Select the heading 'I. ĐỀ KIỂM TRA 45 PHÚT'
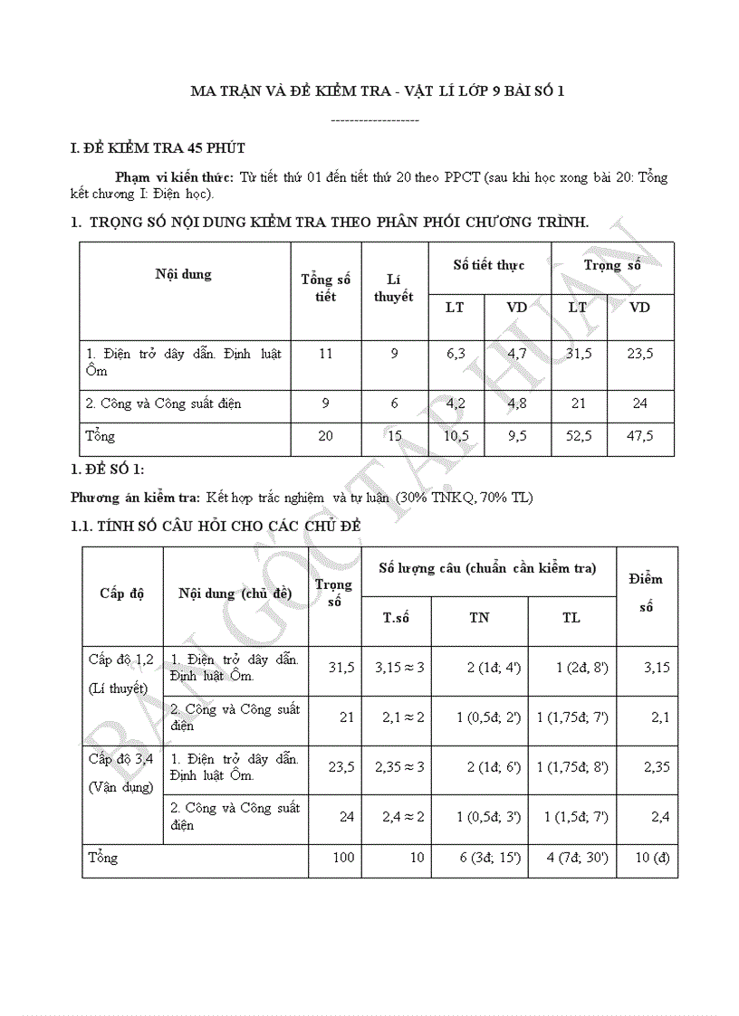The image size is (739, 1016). (x=158, y=147)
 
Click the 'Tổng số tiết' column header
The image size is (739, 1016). (x=326, y=288)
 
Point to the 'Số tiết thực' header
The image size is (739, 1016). (x=489, y=265)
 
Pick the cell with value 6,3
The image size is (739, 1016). (x=456, y=354)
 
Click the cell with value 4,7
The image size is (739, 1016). (x=516, y=354)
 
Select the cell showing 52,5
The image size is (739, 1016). (x=578, y=436)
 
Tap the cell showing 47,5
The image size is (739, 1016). (x=639, y=436)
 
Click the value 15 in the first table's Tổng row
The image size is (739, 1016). (x=394, y=436)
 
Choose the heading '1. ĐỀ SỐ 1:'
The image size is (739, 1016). (x=107, y=469)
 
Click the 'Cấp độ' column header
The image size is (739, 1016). (x=122, y=593)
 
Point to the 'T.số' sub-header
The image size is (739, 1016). (x=396, y=618)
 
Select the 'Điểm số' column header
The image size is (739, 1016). (x=647, y=593)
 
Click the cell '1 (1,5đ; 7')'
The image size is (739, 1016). (x=571, y=816)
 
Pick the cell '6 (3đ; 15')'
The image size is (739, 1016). (x=479, y=858)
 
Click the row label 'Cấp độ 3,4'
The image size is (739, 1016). (x=120, y=758)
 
